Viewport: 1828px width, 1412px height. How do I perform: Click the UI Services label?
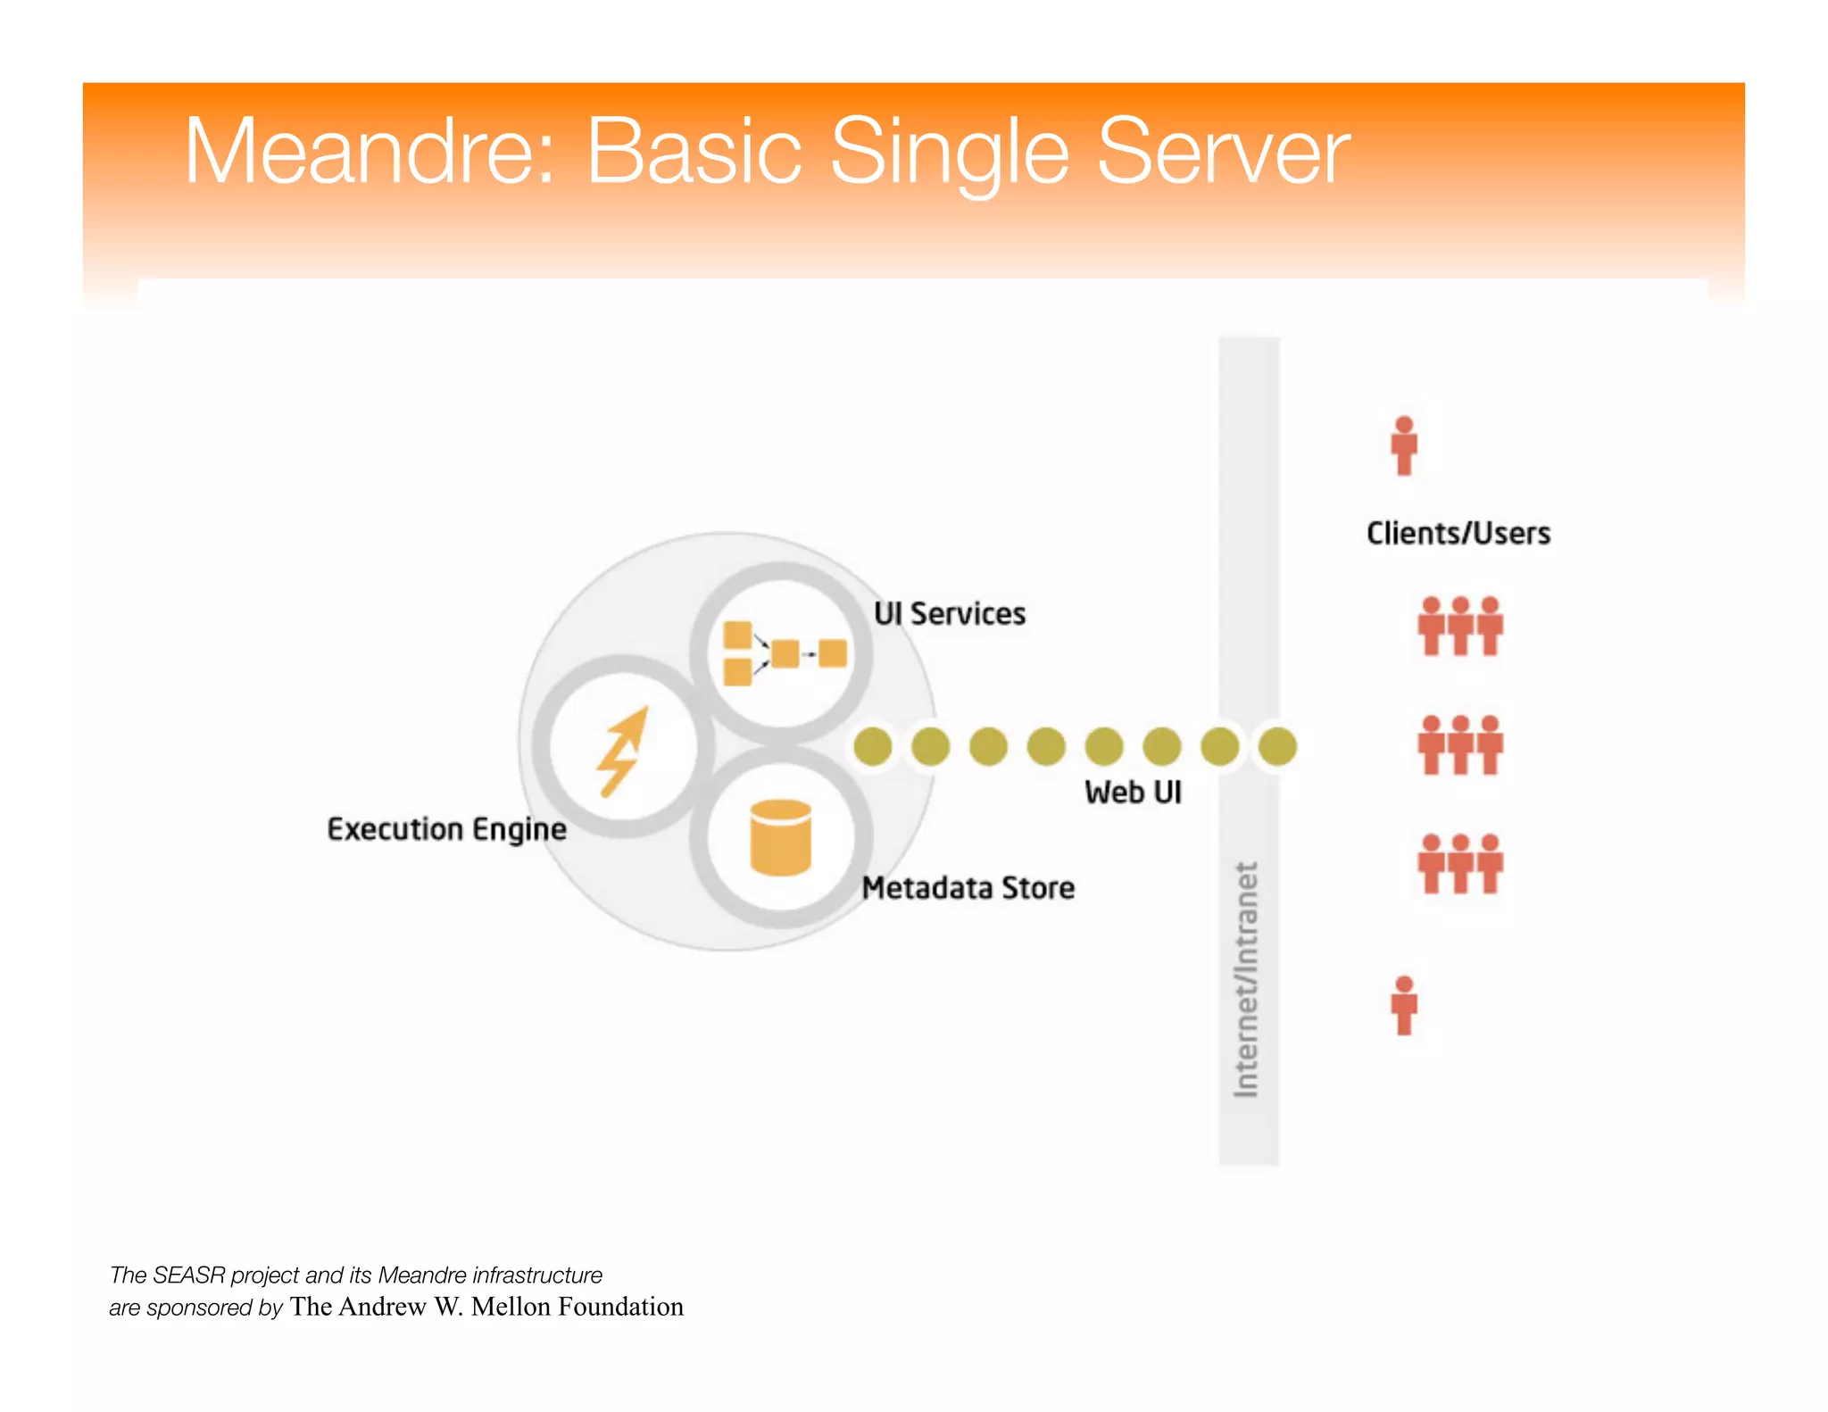coord(949,614)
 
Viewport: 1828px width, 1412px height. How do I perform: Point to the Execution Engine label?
coord(446,829)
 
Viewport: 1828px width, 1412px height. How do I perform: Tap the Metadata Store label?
coord(968,888)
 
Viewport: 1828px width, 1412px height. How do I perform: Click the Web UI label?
coord(1132,792)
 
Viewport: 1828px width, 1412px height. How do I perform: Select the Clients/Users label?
coord(1458,533)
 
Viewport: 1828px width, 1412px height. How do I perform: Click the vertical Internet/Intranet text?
coord(1246,979)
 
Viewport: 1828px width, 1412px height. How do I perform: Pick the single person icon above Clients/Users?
coord(1404,444)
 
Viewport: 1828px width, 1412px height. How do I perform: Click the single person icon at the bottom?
coord(1404,1005)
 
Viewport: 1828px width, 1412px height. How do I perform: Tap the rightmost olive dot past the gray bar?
coord(1277,746)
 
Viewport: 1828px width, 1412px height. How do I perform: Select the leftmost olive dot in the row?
coord(872,746)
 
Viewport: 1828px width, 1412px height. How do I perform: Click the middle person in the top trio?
coord(1460,626)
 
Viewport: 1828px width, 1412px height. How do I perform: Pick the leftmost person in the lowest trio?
coord(1431,863)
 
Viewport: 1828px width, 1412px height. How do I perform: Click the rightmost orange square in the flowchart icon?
coord(832,653)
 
